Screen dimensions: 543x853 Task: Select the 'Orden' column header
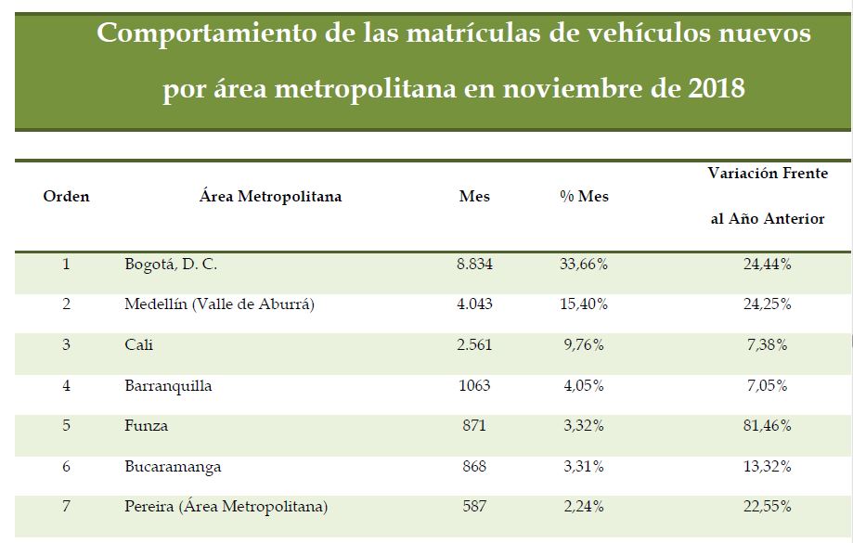[x=67, y=197]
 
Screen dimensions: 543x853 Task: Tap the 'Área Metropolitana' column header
[x=270, y=197]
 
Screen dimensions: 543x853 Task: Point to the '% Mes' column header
[x=584, y=197]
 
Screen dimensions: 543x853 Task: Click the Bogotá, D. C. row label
[x=171, y=265]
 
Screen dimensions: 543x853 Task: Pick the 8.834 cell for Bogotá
[x=474, y=265]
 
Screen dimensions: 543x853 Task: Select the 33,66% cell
[x=584, y=265]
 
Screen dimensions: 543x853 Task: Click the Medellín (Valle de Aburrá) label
[x=219, y=304]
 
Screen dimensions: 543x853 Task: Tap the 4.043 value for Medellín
[x=474, y=304]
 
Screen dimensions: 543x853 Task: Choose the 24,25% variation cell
[x=767, y=304]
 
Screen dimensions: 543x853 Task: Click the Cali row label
[x=139, y=345]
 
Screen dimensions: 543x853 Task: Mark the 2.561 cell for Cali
[x=474, y=345]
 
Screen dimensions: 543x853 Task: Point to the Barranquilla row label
[x=168, y=386]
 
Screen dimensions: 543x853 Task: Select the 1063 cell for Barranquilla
[x=474, y=386]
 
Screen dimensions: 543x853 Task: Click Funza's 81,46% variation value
[x=767, y=426]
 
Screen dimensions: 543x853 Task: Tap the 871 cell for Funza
[x=474, y=426]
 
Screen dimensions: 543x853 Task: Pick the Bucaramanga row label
[x=173, y=467]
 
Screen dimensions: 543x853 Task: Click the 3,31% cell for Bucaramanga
[x=584, y=467]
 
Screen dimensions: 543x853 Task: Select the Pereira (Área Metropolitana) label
[x=226, y=507]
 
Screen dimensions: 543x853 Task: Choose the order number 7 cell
[x=67, y=507]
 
